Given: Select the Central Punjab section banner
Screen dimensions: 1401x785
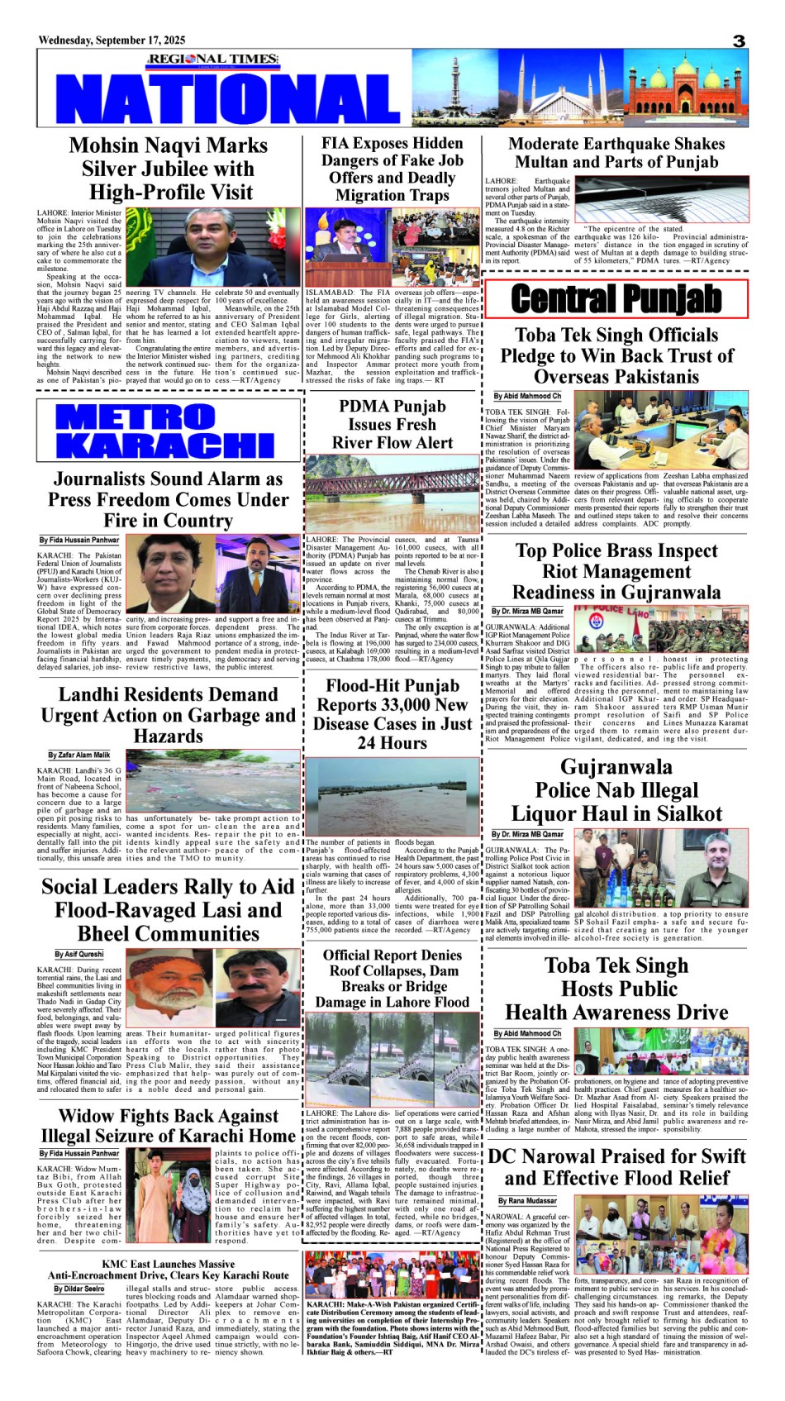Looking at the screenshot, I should [x=616, y=299].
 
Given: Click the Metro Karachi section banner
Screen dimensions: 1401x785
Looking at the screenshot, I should [x=166, y=431].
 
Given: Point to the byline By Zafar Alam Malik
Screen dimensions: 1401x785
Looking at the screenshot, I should [x=78, y=755].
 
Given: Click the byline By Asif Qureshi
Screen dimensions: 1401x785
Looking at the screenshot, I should [x=79, y=954].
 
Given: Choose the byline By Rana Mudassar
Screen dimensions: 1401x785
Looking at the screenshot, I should [x=527, y=1200].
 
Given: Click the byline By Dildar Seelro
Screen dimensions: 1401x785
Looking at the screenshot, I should [x=79, y=1289].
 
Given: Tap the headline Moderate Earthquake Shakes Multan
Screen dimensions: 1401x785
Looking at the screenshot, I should [x=616, y=153].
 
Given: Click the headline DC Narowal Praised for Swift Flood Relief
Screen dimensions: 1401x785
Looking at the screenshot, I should [x=616, y=1166].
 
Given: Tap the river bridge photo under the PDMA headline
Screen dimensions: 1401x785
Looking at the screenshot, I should [x=392, y=493].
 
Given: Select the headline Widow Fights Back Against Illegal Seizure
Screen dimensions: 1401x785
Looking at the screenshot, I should [x=168, y=1126].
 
